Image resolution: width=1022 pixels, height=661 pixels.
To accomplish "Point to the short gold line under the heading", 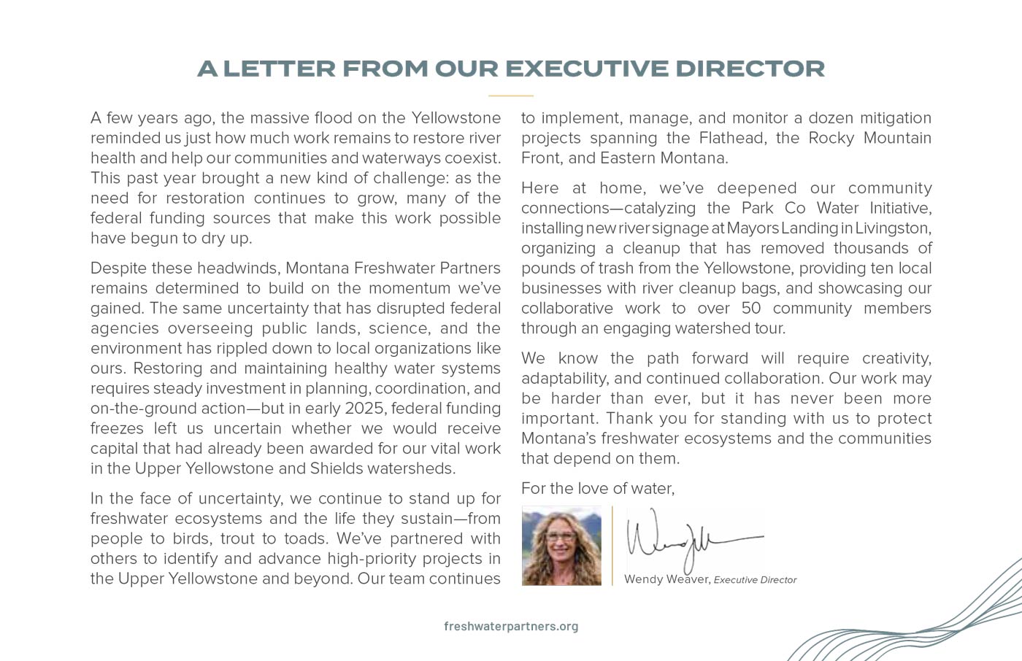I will [x=511, y=96].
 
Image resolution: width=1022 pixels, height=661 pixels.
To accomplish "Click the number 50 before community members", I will [x=751, y=308].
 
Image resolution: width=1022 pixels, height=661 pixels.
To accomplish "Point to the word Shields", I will [x=336, y=468].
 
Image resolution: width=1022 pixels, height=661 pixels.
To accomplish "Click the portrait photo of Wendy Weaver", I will [x=561, y=546].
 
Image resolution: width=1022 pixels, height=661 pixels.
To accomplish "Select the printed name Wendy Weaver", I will [x=666, y=579].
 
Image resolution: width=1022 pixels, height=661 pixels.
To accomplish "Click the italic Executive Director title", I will [x=755, y=580].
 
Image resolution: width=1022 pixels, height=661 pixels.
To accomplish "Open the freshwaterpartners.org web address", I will [x=511, y=626].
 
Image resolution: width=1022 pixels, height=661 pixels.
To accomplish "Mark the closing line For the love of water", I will [x=597, y=488].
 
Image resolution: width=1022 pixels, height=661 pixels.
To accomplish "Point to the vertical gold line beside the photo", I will [x=612, y=546].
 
